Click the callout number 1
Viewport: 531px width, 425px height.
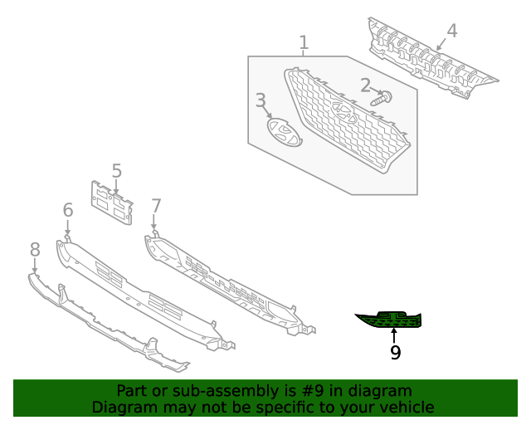304,42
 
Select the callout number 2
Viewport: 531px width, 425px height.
365,85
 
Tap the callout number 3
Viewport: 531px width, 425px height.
261,101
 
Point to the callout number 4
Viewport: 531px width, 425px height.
451,32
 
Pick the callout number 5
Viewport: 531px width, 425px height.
116,171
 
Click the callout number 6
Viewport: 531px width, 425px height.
68,211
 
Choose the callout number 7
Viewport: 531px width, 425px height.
156,205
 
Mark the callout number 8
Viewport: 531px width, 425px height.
35,249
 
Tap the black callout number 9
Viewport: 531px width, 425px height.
395,353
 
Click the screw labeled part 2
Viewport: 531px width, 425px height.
382,99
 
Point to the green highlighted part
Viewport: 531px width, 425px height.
391,319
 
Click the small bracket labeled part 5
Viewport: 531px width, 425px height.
111,202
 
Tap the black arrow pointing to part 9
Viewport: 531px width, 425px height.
394,335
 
